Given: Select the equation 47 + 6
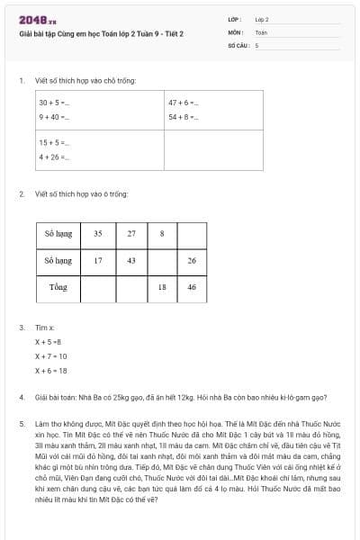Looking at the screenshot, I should tap(183, 103).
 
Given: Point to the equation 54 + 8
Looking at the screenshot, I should tap(183, 117).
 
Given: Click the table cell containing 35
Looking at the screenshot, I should tap(98, 233).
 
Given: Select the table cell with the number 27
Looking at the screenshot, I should tap(131, 233).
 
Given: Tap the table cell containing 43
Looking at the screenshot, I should tap(131, 260).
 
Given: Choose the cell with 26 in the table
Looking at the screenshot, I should tap(192, 260).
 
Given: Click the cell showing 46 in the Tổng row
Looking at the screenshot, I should tap(192, 287).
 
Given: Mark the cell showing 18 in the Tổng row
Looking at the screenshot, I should tap(162, 287).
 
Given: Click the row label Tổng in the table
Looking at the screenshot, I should tap(58, 287).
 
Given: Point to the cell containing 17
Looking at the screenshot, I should tap(98, 260).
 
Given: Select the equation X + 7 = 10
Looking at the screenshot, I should tap(51, 355).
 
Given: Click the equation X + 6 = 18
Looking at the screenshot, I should tap(51, 370).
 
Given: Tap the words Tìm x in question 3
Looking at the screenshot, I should tap(45, 328).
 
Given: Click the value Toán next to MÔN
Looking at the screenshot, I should tap(261, 31).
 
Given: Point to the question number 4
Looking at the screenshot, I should tap(21, 396).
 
